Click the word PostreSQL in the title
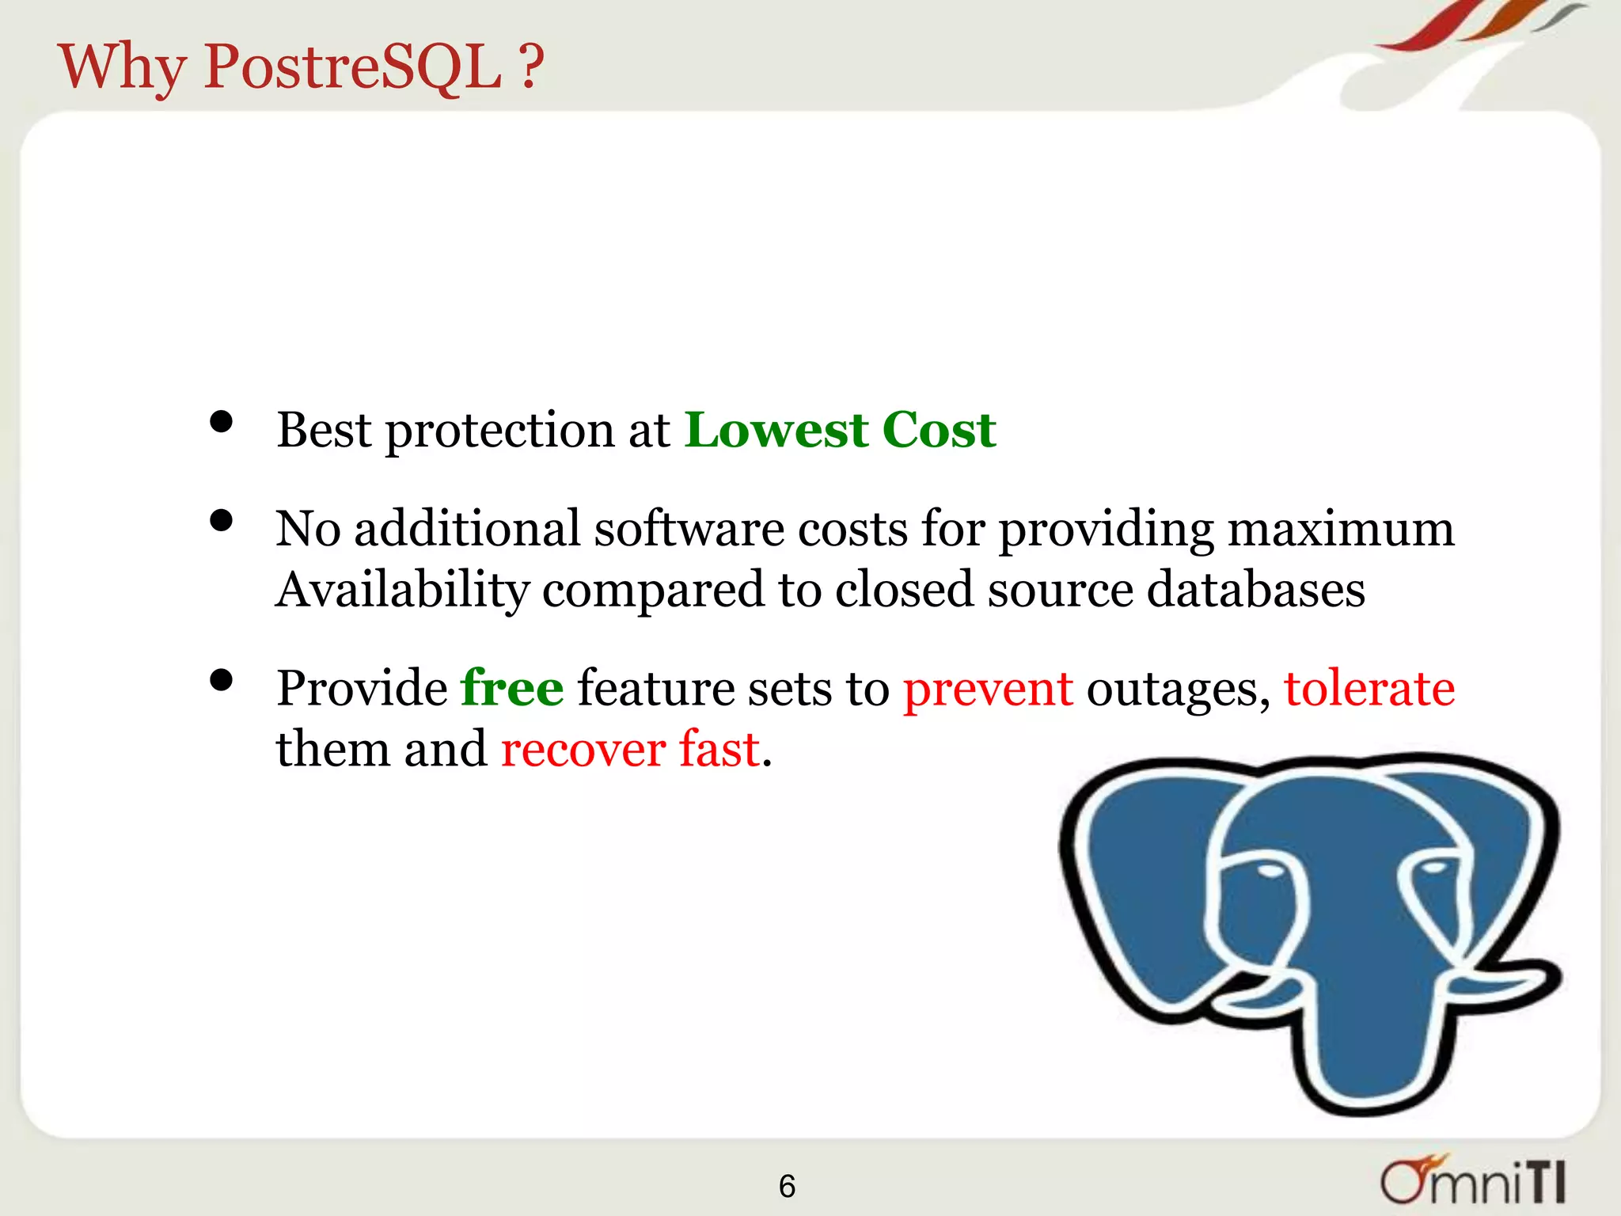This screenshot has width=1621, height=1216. tap(352, 66)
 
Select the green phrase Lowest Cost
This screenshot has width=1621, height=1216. tap(840, 431)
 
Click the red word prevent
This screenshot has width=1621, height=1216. tap(988, 689)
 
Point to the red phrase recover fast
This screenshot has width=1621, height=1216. tap(631, 749)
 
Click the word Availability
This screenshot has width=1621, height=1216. tap(402, 591)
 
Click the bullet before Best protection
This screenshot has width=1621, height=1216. tap(222, 422)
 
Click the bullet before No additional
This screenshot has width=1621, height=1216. tap(222, 521)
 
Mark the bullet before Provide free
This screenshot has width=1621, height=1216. tap(222, 680)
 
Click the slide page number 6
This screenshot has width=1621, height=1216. tap(787, 1186)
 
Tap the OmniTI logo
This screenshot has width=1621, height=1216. tap(1473, 1182)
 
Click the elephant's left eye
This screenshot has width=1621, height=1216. tap(1270, 871)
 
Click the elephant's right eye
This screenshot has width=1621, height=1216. tap(1432, 868)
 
